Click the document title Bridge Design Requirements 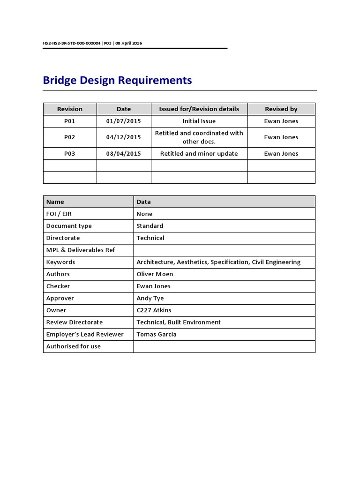tap(117, 80)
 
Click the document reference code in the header tap(92, 43)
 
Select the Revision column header tap(70, 109)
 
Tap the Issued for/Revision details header tap(199, 109)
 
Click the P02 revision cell tap(70, 137)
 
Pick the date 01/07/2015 tap(123, 121)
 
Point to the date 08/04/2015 tap(123, 154)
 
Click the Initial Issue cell tap(199, 121)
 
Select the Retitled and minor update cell tap(199, 154)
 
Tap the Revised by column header tap(281, 109)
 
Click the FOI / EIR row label tap(59, 214)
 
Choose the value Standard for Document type tap(150, 226)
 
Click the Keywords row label tap(60, 262)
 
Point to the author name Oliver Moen tap(155, 274)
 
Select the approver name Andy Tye tap(150, 298)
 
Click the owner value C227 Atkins tap(154, 310)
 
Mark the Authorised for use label tap(74, 346)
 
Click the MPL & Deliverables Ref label tap(81, 250)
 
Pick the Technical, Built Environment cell tap(179, 322)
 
